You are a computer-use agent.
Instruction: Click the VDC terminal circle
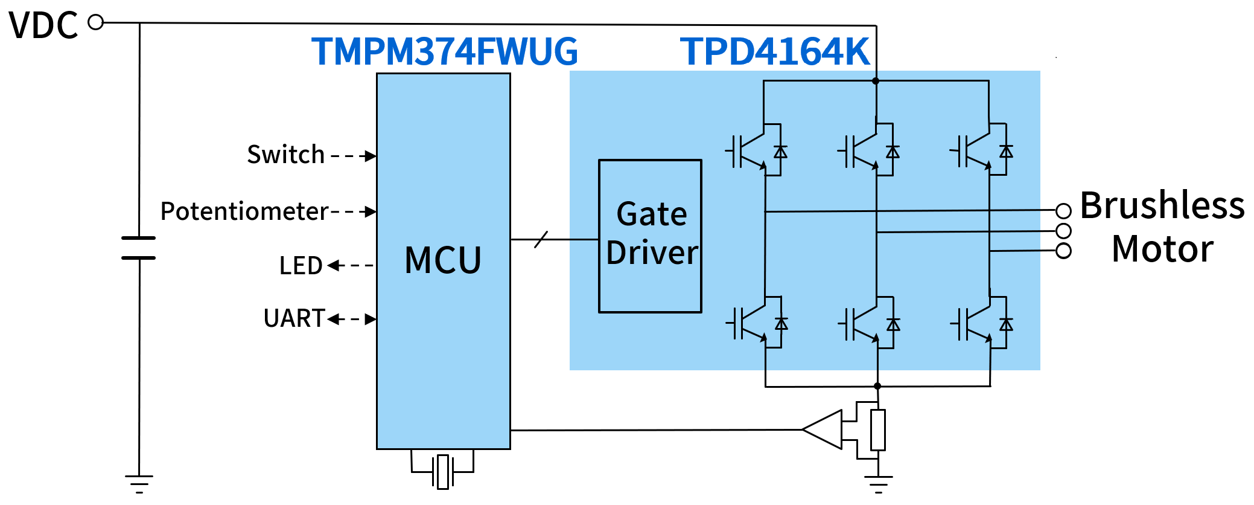96,22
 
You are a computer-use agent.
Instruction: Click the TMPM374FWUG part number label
445,51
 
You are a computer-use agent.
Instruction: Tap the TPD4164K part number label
775,51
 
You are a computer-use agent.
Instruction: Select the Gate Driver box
650,236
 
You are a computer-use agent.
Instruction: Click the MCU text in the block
443,260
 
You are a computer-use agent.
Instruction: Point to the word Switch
286,155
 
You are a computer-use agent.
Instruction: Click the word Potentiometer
244,211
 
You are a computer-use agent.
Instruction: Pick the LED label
301,266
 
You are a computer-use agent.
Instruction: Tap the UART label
294,318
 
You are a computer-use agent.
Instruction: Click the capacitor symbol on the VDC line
139,248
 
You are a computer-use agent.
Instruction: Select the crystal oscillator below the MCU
443,471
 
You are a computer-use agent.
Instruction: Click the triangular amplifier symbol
823,429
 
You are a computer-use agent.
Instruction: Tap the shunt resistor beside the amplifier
878,429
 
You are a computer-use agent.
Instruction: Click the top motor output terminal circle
1063,211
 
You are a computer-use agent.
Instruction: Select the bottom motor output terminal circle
1063,251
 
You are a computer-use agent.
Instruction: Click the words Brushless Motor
1162,227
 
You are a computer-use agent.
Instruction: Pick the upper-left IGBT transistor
751,151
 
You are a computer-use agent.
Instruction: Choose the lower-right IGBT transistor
978,324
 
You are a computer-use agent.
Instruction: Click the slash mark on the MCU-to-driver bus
541,240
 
